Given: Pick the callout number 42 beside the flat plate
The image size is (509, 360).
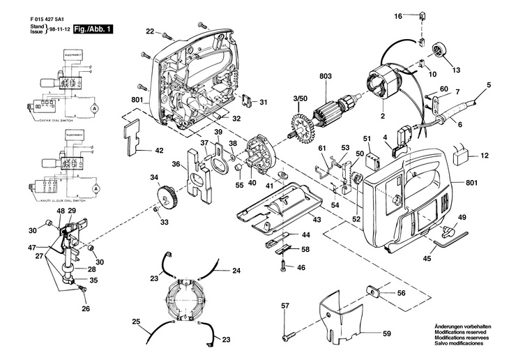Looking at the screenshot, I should click(159, 150).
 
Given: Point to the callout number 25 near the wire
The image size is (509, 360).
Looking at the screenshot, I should click(136, 322).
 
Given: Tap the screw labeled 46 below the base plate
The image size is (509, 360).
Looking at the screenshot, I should click(284, 266).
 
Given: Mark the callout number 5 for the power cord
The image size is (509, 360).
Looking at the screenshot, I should click(489, 84).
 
